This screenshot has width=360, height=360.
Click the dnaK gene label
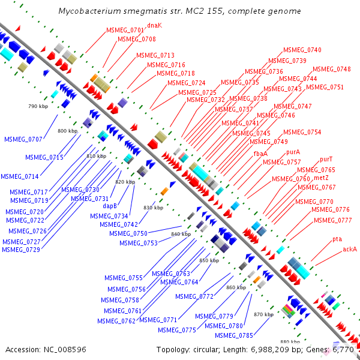pyautogui.click(x=155, y=25)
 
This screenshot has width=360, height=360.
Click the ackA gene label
pyautogui.click(x=350, y=248)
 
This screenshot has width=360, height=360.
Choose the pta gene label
pyautogui.click(x=337, y=239)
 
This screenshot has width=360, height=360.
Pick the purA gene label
pyautogui.click(x=293, y=152)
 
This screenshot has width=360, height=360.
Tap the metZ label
pyautogui.click(x=321, y=178)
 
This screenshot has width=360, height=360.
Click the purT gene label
pyautogui.click(x=326, y=160)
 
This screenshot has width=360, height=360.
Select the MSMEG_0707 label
pyautogui.click(x=23, y=139)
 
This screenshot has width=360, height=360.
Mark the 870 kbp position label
pyautogui.click(x=263, y=314)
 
